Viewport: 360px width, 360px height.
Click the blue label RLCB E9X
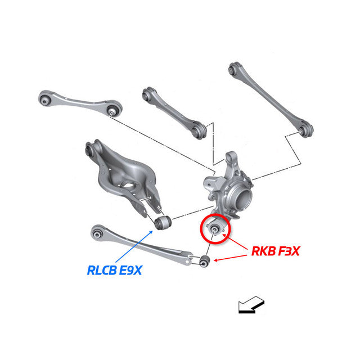tap(114, 270)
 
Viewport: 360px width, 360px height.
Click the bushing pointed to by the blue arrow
tap(162, 222)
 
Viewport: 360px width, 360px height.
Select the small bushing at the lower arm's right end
tap(205, 260)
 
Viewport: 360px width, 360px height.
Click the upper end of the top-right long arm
tap(234, 69)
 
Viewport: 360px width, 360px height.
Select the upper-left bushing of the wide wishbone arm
tap(89, 150)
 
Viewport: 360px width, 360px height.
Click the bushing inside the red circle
tap(214, 228)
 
